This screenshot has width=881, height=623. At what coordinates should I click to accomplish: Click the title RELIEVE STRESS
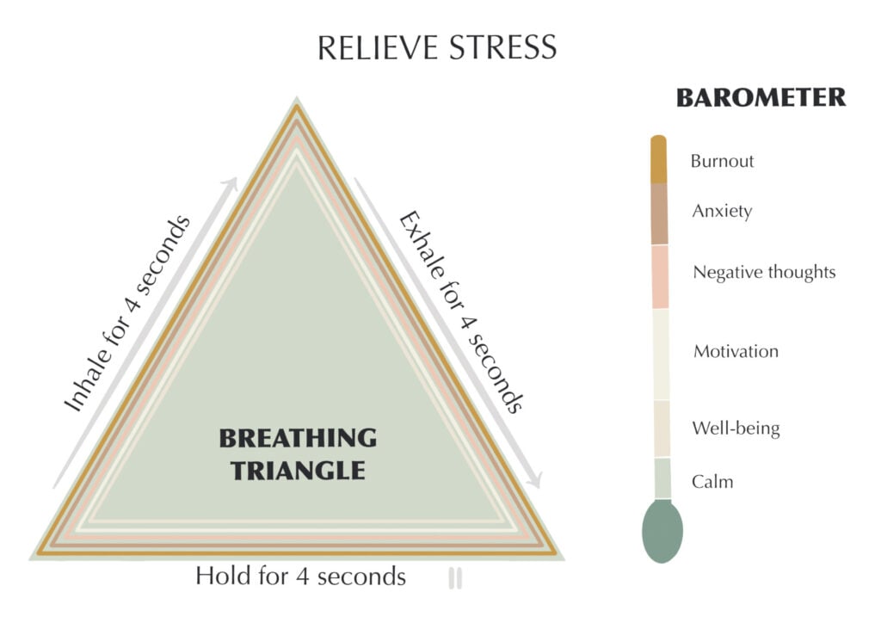pos(436,47)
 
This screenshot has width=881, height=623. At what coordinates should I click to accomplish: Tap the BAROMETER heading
pos(761,98)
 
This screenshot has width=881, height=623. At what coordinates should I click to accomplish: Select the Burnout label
pos(722,161)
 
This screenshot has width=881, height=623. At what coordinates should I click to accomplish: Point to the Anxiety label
pos(722,211)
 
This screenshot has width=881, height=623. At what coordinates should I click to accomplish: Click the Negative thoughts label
pos(764,273)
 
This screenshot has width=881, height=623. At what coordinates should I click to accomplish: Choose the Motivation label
pos(736,351)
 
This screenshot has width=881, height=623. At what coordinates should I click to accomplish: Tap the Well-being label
pos(736,428)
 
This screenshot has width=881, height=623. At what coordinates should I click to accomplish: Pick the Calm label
pos(712,481)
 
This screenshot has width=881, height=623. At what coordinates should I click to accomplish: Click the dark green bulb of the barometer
pos(662,532)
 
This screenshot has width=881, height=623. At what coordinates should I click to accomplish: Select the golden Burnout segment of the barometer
pos(659,161)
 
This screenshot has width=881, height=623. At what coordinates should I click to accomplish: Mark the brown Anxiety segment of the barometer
pos(659,214)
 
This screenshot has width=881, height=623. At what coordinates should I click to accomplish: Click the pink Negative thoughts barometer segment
pos(660,276)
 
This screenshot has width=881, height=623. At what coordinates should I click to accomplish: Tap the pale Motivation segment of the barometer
pos(661,354)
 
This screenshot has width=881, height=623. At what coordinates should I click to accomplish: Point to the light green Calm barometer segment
pos(662,478)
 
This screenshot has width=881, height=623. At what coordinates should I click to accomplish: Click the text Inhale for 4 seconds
pos(127,315)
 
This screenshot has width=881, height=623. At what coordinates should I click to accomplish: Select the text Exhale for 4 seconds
pos(460,311)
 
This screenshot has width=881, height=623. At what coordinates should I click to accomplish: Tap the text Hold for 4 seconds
pos(300,576)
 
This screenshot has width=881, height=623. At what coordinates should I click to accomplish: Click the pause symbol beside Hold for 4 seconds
pos(455,578)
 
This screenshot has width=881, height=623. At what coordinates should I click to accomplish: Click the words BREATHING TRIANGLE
pos(298,453)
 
